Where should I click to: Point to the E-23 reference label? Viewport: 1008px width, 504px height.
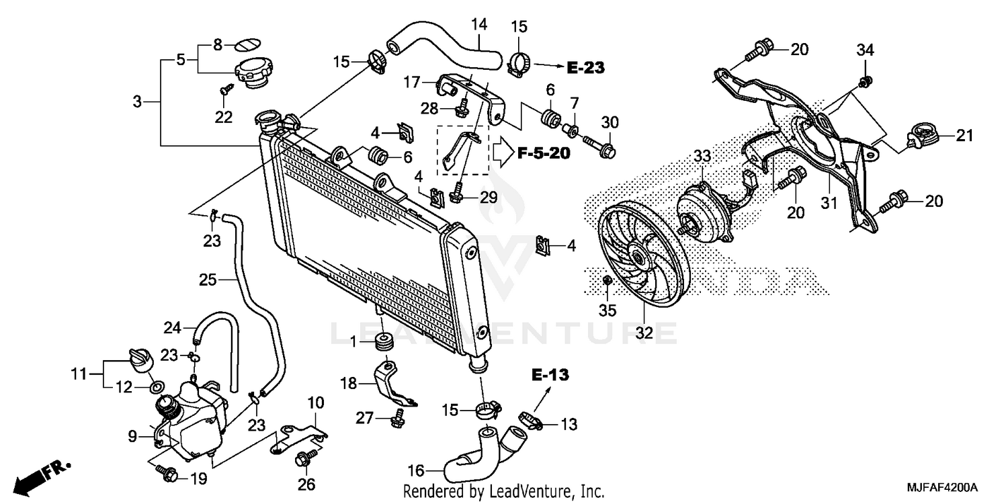[585, 67]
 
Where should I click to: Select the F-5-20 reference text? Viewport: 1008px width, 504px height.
[544, 154]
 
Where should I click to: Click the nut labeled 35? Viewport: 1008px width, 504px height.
[606, 280]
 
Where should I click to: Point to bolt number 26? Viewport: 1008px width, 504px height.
[302, 460]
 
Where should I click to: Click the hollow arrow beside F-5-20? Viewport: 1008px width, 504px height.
[503, 153]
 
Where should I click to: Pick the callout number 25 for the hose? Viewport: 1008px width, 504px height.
[208, 279]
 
